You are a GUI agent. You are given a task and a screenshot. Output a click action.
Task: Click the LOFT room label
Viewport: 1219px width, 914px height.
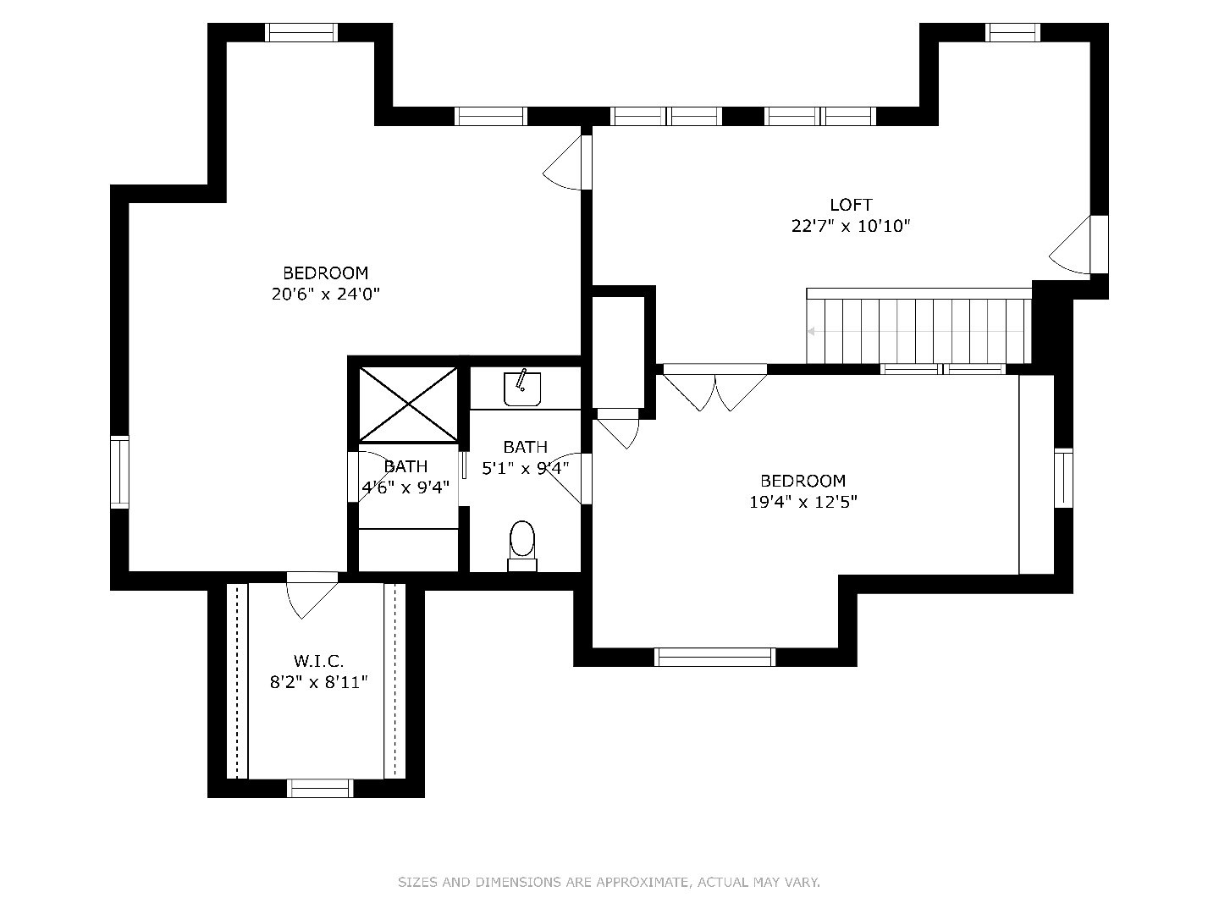pyautogui.click(x=851, y=204)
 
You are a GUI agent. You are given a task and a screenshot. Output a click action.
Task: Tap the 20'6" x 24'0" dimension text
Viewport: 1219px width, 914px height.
pyautogui.click(x=326, y=295)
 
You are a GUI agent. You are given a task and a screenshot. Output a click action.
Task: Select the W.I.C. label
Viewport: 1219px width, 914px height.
pyautogui.click(x=318, y=661)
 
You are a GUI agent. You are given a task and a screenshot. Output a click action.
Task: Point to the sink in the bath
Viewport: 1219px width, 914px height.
pyautogui.click(x=522, y=388)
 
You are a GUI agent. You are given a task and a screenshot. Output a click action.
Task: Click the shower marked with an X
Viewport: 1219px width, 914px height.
pyautogui.click(x=409, y=404)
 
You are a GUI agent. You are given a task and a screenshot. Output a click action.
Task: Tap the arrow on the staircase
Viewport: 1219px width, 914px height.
pyautogui.click(x=812, y=332)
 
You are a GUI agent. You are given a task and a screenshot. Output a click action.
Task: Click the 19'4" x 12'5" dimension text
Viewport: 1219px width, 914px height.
pyautogui.click(x=803, y=502)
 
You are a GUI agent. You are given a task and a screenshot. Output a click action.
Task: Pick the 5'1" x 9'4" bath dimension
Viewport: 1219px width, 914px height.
pyautogui.click(x=525, y=467)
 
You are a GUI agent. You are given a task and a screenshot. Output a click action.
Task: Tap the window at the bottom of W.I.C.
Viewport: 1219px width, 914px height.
pyautogui.click(x=320, y=788)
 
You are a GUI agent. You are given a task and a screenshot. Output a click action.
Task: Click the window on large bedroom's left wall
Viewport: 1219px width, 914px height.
pyautogui.click(x=120, y=471)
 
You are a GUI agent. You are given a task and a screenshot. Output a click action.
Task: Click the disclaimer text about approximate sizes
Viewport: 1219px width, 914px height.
pyautogui.click(x=609, y=882)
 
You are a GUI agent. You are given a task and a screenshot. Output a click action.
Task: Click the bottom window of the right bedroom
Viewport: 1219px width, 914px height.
pyautogui.click(x=715, y=657)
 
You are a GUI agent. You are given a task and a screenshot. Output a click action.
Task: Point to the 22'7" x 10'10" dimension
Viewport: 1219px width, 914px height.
pyautogui.click(x=851, y=226)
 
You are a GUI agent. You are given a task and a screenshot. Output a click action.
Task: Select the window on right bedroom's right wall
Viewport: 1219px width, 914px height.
pyautogui.click(x=1063, y=478)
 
